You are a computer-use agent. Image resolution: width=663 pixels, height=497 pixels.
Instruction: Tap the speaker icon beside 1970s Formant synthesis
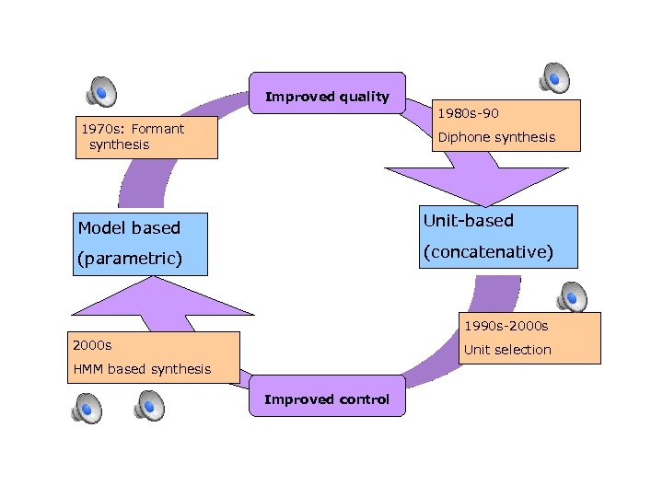click(x=101, y=90)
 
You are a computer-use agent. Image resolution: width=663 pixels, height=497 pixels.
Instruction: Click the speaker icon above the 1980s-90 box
click(x=554, y=79)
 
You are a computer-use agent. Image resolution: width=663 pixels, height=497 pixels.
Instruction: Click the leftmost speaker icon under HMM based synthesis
click(x=87, y=406)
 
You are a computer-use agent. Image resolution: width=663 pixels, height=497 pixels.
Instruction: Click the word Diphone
click(x=464, y=137)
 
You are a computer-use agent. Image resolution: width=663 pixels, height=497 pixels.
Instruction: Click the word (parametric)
click(x=128, y=259)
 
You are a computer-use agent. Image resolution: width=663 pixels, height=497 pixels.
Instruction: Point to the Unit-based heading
click(x=468, y=221)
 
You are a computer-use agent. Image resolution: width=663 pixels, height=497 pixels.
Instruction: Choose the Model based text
click(x=129, y=227)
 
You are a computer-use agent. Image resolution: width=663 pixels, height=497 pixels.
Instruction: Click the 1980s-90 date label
click(x=468, y=113)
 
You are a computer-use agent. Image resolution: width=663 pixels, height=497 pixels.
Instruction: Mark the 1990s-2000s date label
click(x=506, y=326)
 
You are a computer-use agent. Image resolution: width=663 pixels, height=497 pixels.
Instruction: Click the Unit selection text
click(x=507, y=350)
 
